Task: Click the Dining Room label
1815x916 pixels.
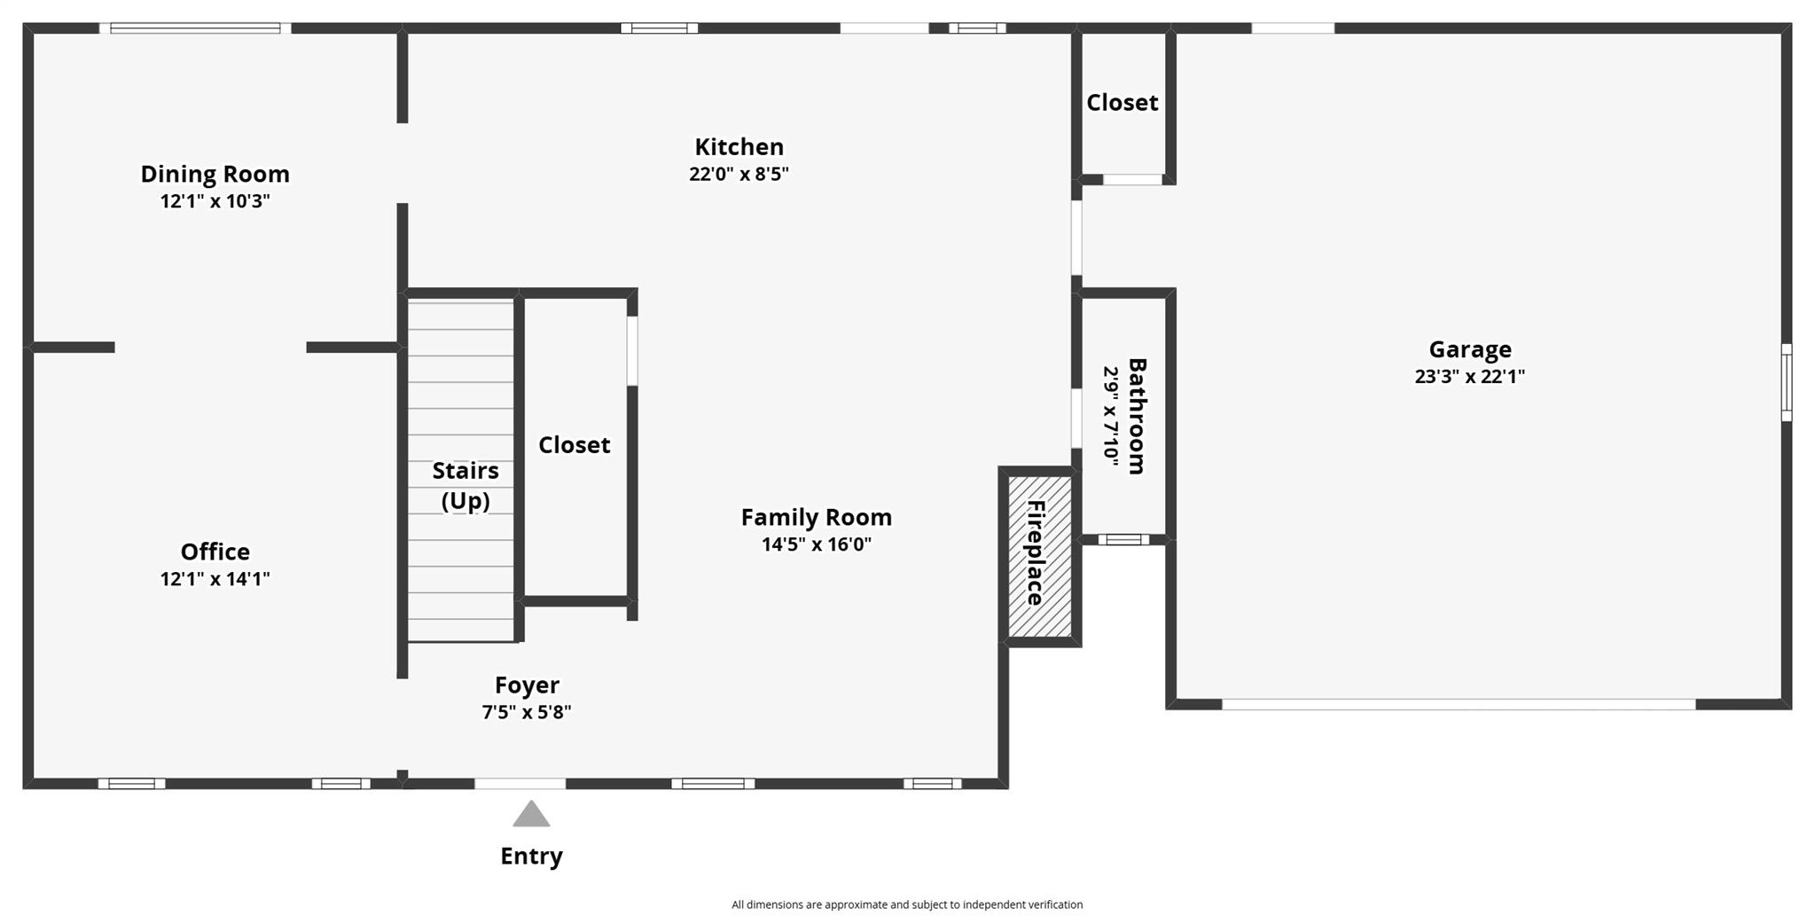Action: (215, 174)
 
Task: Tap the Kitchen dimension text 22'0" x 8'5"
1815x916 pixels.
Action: (739, 174)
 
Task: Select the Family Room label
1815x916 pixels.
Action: (817, 517)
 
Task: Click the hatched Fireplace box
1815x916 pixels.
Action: (1040, 556)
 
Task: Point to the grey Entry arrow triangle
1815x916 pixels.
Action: (531, 814)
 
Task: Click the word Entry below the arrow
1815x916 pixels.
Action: (531, 856)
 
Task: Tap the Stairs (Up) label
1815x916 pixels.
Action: (465, 485)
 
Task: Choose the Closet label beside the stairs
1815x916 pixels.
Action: (575, 444)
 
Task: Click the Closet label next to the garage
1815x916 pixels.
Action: (1123, 103)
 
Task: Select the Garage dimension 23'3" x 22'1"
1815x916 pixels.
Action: (1470, 376)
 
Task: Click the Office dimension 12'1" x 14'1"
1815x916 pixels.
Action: (215, 579)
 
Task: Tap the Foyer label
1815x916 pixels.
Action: (527, 685)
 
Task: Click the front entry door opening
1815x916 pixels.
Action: (520, 784)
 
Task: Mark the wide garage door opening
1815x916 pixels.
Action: (1459, 704)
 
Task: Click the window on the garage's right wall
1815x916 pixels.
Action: (1787, 382)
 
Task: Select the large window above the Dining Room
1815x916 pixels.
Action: (195, 28)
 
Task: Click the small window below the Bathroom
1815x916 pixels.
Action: (1123, 539)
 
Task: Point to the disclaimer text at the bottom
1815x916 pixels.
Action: (907, 904)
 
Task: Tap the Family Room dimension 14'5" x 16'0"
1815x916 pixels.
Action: (817, 544)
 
